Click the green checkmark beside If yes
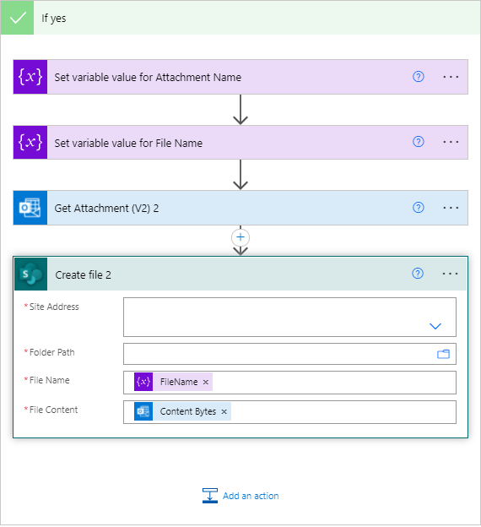17,18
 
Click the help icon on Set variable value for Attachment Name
418,76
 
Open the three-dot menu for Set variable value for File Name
451,142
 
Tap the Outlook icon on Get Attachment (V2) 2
30,208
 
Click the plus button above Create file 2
240,237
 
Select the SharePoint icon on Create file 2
31,274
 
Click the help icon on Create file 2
417,274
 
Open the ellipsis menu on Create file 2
451,274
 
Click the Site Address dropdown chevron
435,326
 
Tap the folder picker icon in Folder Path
443,354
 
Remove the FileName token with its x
206,383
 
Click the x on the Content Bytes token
224,412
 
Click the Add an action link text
251,496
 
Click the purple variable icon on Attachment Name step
30,77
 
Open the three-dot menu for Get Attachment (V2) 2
451,208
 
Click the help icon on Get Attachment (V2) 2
418,208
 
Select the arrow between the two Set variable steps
240,110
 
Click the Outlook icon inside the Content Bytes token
143,412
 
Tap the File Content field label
53,410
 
